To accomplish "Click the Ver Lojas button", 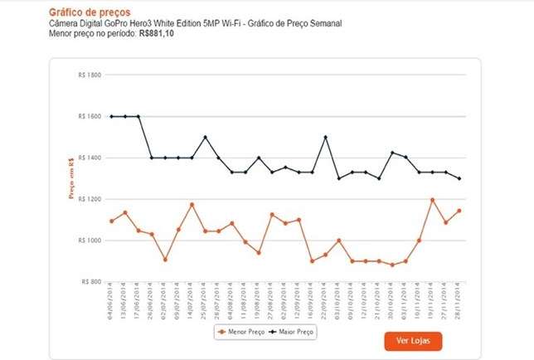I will click(413, 340).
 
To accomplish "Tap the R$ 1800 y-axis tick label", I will click(88, 75).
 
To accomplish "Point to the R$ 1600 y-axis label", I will click(88, 116).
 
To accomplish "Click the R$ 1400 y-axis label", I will click(88, 158).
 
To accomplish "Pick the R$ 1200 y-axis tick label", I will click(88, 199).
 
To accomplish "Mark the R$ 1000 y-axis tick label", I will click(88, 241).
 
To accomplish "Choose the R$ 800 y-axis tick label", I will click(90, 282).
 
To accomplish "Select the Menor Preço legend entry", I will click(239, 332).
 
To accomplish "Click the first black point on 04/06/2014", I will click(111, 116).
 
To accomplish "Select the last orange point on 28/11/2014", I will click(459, 211).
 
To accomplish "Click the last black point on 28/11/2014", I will click(459, 178).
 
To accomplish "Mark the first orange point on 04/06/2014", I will click(111, 221).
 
